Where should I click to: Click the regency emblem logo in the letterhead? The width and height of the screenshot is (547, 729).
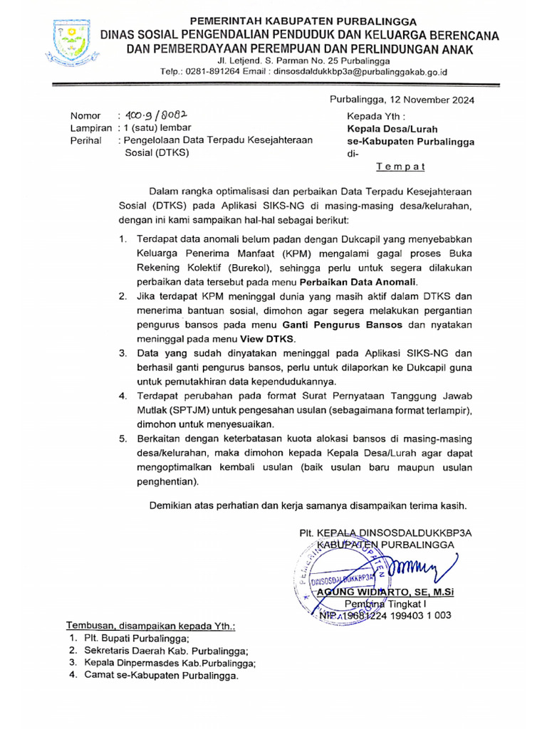click(x=71, y=42)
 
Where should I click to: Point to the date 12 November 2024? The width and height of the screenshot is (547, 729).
click(x=434, y=100)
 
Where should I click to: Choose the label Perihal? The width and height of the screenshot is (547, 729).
click(x=86, y=140)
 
